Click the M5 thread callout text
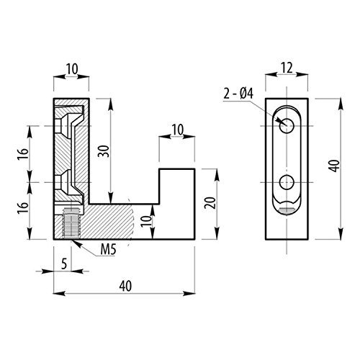point(109,250)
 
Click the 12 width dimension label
point(287,68)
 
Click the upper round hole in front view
point(287,126)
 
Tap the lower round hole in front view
point(287,181)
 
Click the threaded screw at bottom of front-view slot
point(287,210)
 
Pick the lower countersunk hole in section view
point(69,183)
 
